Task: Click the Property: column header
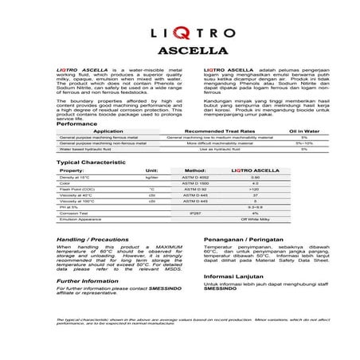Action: (x=72, y=170)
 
